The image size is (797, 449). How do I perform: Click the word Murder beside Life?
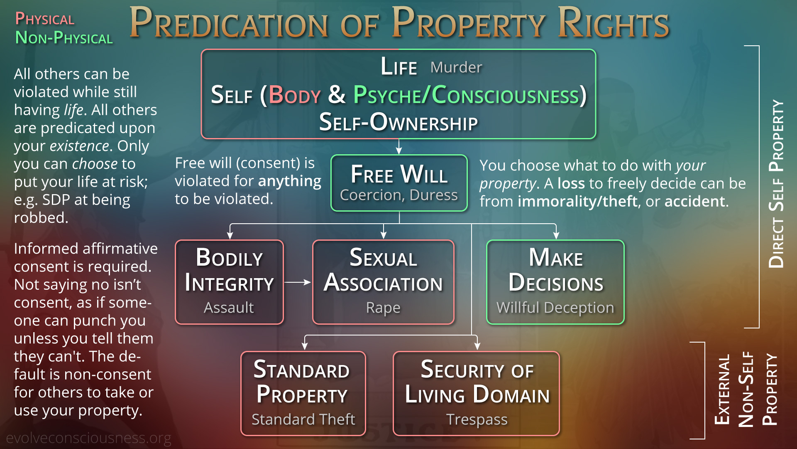(x=456, y=67)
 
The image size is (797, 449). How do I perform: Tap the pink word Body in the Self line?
(x=295, y=95)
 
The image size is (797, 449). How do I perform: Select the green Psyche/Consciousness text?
(x=466, y=95)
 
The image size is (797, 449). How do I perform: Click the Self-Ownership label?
(x=398, y=122)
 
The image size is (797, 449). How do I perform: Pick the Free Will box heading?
(x=399, y=174)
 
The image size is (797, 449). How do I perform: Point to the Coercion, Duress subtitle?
(x=399, y=195)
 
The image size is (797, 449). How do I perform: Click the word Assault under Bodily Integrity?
(x=229, y=308)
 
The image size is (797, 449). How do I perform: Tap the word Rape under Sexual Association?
(x=383, y=308)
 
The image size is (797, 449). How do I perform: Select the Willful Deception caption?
(x=555, y=308)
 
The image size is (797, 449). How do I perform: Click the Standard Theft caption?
(x=303, y=419)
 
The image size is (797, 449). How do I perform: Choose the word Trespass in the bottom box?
(x=477, y=419)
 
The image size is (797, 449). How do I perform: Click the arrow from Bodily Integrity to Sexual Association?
(x=298, y=282)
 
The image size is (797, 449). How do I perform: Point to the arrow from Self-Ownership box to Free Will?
(x=399, y=146)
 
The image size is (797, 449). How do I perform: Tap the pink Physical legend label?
(x=45, y=19)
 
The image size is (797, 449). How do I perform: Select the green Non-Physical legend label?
(x=64, y=38)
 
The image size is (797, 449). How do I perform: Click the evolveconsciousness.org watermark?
(x=88, y=438)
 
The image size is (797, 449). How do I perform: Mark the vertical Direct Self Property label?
(x=776, y=184)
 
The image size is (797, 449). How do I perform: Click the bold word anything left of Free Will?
(x=290, y=181)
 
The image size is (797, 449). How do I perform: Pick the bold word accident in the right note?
(x=695, y=202)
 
